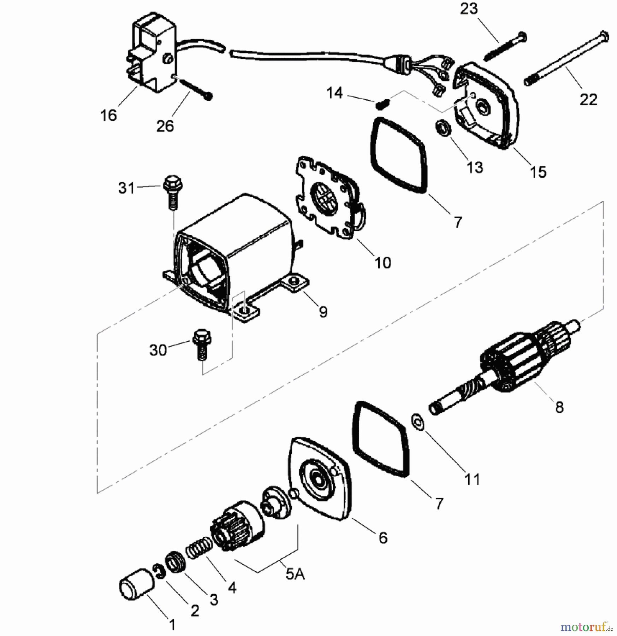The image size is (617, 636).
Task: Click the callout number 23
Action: coord(469,9)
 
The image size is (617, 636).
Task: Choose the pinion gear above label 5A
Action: coord(238,527)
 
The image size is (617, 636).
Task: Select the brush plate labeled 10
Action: coord(330,198)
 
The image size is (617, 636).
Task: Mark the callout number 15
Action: coord(538,172)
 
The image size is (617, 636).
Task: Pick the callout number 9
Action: coord(323,312)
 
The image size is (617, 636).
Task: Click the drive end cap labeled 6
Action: coord(320,479)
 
